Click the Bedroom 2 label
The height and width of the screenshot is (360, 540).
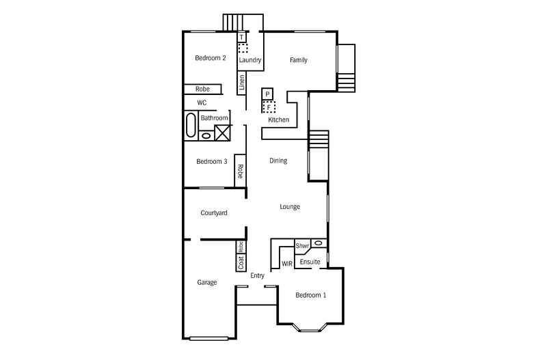211,58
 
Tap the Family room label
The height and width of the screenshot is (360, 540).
298,60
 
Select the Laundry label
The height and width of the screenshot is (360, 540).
250,60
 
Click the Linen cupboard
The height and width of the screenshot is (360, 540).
241,83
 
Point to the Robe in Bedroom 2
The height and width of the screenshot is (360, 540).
202,89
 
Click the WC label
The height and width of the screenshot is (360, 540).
202,102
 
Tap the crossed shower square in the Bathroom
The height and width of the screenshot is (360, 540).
222,133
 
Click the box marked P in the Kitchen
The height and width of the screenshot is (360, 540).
268,94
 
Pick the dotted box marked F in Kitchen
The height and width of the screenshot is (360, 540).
269,107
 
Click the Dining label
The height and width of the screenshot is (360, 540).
278,161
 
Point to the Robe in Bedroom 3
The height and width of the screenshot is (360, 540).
241,171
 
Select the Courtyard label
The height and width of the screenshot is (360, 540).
214,213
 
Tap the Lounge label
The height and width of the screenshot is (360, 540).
290,206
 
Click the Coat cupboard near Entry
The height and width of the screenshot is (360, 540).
241,262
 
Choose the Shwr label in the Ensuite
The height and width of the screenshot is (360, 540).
303,245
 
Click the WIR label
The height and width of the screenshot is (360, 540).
287,263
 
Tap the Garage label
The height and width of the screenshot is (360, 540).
207,282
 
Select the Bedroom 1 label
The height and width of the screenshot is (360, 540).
310,295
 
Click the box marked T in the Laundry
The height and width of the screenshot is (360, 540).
241,37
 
